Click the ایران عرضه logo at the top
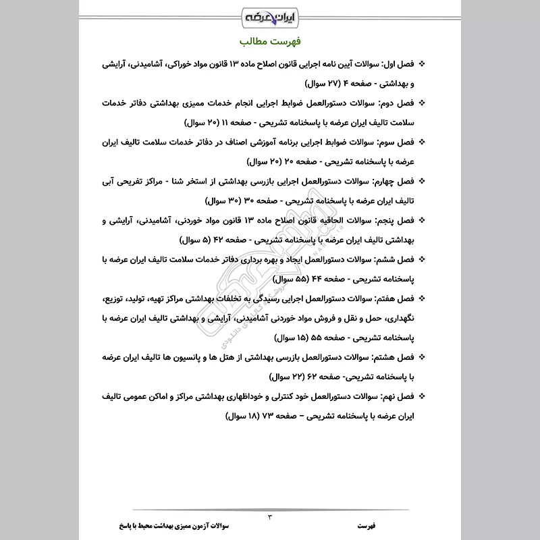[270, 15]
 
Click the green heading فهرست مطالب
[270, 42]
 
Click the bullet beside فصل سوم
[423, 142]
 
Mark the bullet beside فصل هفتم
[423, 298]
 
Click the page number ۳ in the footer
[269, 516]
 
